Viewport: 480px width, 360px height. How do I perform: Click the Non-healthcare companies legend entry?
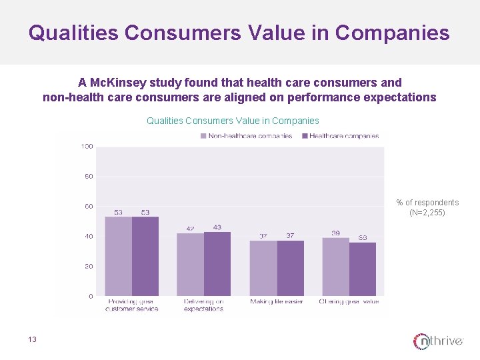coord(246,136)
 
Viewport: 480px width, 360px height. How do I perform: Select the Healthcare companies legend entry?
coord(340,136)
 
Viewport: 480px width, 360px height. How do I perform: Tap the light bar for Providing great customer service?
coord(118,256)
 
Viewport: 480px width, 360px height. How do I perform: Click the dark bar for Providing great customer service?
coord(145,256)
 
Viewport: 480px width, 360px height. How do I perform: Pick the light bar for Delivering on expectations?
coord(190,264)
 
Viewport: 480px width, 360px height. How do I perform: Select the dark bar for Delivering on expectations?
coord(217,263)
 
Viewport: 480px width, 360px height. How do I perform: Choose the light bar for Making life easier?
coord(263,268)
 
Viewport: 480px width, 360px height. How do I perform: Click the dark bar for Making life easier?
coord(291,268)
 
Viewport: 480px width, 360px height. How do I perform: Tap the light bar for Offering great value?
coord(335,267)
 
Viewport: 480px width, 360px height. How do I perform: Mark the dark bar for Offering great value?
coord(363,269)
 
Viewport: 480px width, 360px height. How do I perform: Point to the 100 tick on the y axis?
coord(87,147)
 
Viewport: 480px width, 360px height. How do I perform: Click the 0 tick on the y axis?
coord(90,296)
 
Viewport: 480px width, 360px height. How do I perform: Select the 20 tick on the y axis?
coord(88,266)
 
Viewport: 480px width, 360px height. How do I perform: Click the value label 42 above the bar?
coord(190,229)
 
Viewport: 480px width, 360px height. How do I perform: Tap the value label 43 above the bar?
coord(217,227)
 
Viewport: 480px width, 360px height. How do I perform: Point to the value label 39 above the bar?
coord(335,233)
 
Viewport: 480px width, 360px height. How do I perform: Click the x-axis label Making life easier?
coord(277,302)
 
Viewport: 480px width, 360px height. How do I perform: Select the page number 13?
coord(32,340)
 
